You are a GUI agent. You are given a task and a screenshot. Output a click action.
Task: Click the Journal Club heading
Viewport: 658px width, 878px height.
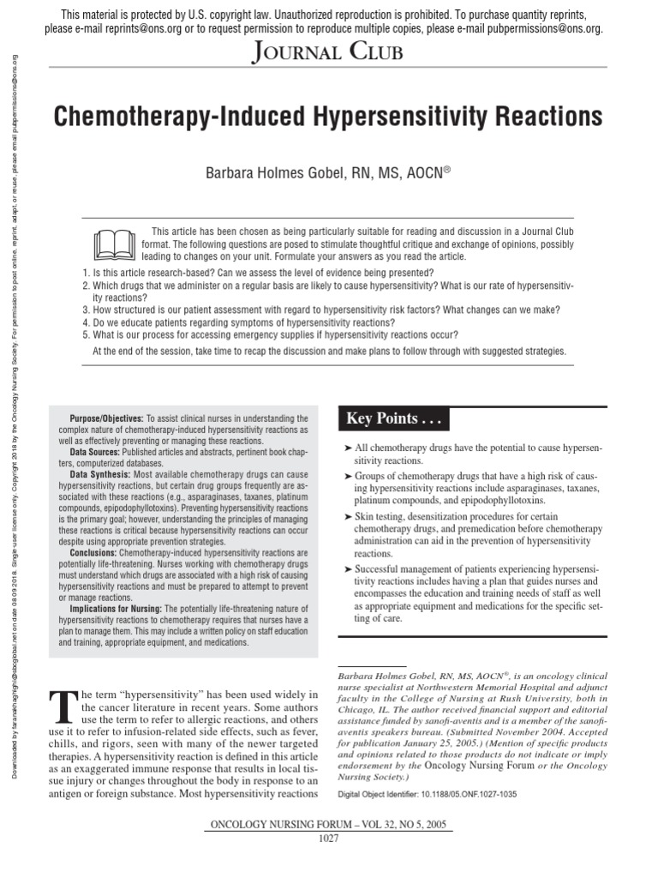click(328, 53)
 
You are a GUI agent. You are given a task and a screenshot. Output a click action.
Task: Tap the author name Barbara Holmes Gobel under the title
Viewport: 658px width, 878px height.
click(285, 174)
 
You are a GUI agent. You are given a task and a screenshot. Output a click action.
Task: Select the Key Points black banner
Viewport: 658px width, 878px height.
click(393, 418)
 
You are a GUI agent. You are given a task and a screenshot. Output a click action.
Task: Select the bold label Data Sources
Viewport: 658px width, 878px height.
click(95, 452)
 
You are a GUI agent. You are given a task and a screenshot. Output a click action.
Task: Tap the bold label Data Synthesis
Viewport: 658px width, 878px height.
click(100, 474)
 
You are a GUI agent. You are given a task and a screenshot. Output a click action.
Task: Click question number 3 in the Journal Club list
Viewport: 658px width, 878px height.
click(87, 310)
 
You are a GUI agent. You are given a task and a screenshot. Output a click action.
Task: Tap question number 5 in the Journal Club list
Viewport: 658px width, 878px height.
click(87, 334)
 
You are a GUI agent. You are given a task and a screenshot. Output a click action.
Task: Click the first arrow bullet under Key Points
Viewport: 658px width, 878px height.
click(347, 448)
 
